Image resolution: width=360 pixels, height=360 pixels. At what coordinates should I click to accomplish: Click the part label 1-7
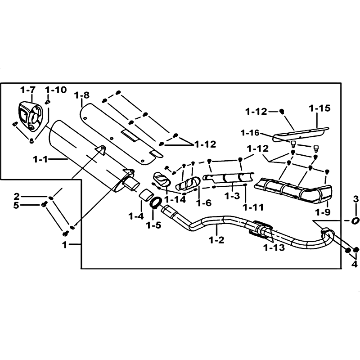coord(28,90)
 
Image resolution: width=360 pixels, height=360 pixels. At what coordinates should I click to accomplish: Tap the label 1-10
coord(56,90)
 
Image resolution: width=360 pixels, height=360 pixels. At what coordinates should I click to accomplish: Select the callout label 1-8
coord(82,95)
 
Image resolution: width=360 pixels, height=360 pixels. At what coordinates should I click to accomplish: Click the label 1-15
coord(319,108)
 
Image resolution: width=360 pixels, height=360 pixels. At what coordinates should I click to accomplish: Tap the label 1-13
coord(274,247)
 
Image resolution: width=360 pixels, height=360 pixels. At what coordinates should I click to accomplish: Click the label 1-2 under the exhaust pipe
coord(216,240)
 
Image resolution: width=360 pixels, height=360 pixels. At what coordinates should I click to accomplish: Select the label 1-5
coord(153,225)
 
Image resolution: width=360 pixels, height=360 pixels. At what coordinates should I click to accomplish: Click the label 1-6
coord(203,202)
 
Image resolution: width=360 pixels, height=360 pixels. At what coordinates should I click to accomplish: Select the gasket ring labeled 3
coord(355,221)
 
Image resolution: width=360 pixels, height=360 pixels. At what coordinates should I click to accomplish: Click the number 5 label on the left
coord(16,205)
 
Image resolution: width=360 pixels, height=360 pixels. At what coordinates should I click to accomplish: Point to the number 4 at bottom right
coord(355,264)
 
